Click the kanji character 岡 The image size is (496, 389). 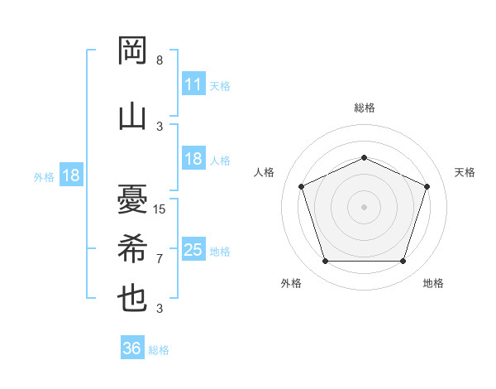pos(132,52)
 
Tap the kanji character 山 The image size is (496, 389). pos(132,117)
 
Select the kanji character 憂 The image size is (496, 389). pos(132,199)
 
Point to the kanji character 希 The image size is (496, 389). pos(132,248)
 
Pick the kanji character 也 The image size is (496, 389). pos(132,299)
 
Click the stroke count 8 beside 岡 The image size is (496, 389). pos(160,60)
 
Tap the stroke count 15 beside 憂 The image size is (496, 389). pos(160,209)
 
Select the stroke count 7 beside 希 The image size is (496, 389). pos(160,258)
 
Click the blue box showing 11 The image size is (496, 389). pos(193,84)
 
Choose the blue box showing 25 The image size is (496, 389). pos(193,250)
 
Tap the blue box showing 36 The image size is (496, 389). pos(131,348)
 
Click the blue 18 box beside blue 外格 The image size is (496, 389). pos(70,175)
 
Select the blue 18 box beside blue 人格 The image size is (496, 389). pos(193,159)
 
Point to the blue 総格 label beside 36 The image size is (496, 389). pos(159,350)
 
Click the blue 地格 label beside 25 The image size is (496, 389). pos(220,251)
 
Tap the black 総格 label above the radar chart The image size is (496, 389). pos(364,108)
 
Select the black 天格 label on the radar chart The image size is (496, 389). pos(465,172)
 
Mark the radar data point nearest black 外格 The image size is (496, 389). pos(325,262)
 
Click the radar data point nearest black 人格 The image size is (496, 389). pos(301,186)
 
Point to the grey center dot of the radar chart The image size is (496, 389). pos(364,206)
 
